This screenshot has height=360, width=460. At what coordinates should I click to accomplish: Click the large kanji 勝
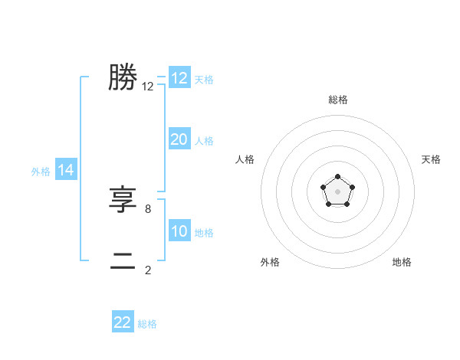point(123,77)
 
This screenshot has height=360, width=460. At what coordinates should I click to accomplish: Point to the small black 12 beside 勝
point(148,87)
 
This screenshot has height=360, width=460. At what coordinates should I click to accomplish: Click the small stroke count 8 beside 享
point(148,208)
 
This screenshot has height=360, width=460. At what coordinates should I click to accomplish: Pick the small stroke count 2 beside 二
point(148,270)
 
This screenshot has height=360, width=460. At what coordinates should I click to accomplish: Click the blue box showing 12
point(179,78)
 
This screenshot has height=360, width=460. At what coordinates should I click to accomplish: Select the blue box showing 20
point(179,139)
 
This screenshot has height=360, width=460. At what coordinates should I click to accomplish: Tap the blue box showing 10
point(179,231)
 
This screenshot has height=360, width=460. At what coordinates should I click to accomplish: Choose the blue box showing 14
point(66,170)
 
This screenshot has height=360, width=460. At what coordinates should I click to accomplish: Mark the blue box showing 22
point(123,322)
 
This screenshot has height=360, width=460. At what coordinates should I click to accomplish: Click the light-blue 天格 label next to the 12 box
point(204,79)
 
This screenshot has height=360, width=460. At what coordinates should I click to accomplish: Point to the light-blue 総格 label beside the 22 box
point(147,324)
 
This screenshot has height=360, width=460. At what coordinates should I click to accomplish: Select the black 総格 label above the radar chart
point(337,100)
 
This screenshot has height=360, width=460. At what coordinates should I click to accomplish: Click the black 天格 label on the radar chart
point(431,159)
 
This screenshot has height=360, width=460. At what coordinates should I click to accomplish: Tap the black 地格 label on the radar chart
point(402,262)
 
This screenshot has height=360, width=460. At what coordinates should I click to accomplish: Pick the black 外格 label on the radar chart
point(270,262)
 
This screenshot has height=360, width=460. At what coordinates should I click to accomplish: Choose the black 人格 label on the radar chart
point(245,159)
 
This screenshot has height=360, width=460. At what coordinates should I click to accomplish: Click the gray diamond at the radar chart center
point(337,192)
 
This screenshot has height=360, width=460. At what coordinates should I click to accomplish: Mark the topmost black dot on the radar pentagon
point(337,178)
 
